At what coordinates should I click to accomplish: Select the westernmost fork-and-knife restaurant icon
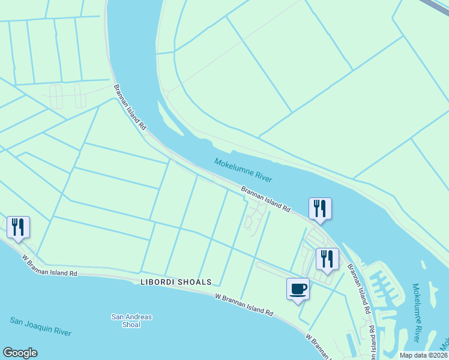click(x=18, y=227)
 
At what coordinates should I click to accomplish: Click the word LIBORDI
click(x=158, y=282)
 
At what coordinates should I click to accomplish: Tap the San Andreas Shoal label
click(x=131, y=321)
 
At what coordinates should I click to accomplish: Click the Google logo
click(x=20, y=353)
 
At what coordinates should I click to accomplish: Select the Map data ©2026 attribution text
click(x=423, y=355)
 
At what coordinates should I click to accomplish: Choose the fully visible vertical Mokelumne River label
click(x=417, y=306)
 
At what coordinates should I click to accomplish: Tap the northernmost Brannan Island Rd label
click(x=130, y=108)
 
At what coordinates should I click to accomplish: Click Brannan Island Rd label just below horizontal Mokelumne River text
click(x=266, y=199)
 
